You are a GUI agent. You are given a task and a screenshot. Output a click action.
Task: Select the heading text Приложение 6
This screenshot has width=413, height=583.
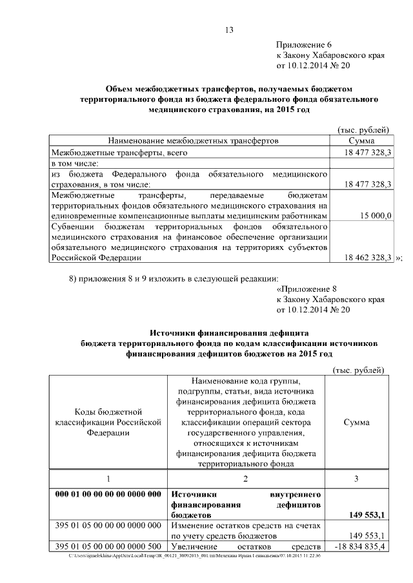point(303,44)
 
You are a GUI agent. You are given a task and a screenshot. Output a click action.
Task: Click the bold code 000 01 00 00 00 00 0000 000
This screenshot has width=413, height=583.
point(108,494)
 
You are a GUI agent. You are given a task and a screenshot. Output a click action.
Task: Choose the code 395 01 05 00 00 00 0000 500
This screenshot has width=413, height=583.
point(108,546)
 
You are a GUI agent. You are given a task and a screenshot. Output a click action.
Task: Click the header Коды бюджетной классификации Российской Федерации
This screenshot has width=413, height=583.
point(108,422)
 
